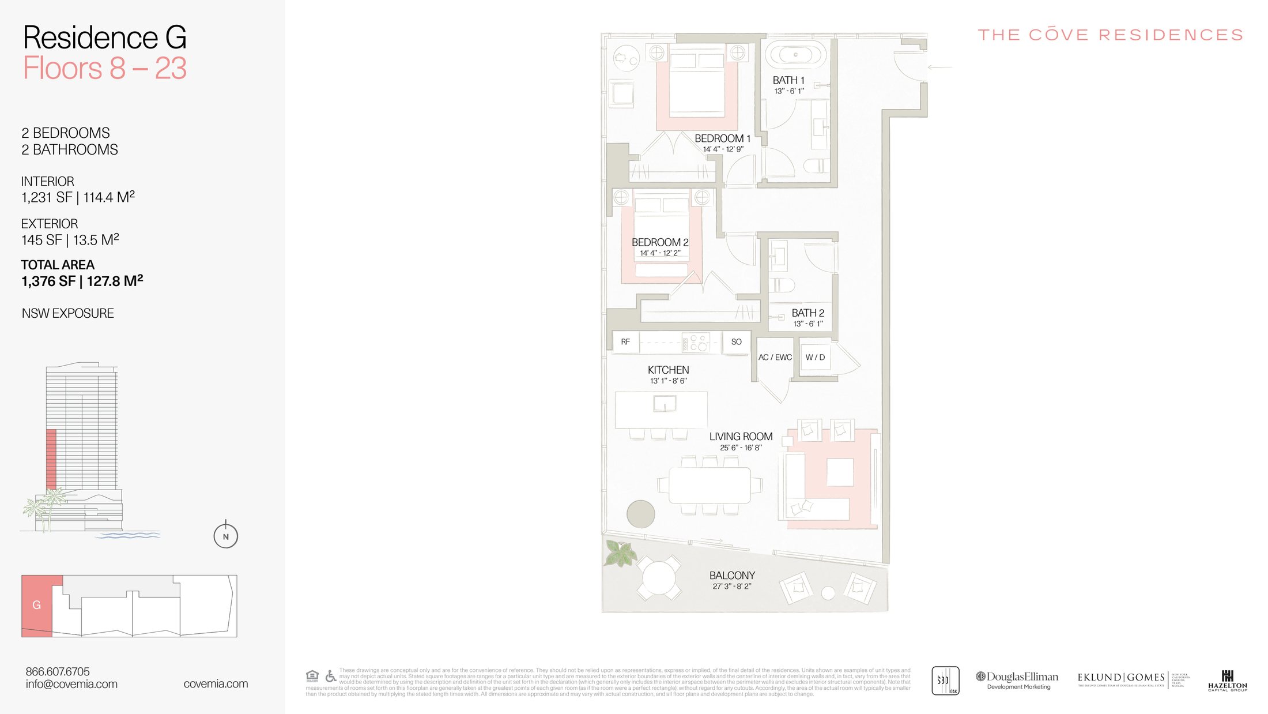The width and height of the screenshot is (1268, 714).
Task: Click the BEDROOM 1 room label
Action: [x=722, y=138]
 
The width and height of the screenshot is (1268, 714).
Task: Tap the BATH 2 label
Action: [x=807, y=313]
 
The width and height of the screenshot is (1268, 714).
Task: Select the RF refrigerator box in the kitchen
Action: [x=625, y=342]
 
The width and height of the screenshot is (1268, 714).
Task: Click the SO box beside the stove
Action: [x=736, y=342]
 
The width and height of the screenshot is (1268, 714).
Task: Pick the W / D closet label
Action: [x=815, y=358]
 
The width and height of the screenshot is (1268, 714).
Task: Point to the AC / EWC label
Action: [x=775, y=358]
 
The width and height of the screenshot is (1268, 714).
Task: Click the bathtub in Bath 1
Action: [x=795, y=55]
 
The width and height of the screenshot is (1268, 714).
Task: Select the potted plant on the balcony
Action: [x=620, y=553]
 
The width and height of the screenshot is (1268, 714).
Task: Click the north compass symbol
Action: [x=225, y=536]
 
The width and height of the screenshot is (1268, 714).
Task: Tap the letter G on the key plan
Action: [x=36, y=605]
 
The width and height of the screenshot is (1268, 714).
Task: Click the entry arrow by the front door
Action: [x=939, y=67]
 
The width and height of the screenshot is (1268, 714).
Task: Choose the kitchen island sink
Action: [x=665, y=403]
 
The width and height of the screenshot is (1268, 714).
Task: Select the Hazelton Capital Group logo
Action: [x=1227, y=681]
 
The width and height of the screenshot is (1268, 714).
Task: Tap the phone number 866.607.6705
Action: [x=58, y=671]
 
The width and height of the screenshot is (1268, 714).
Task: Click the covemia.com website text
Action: [x=216, y=684]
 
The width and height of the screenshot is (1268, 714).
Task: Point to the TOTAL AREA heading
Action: [x=58, y=265]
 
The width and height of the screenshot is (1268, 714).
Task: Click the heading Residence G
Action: [x=104, y=37]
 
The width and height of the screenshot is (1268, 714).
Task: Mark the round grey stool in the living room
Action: [x=640, y=514]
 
